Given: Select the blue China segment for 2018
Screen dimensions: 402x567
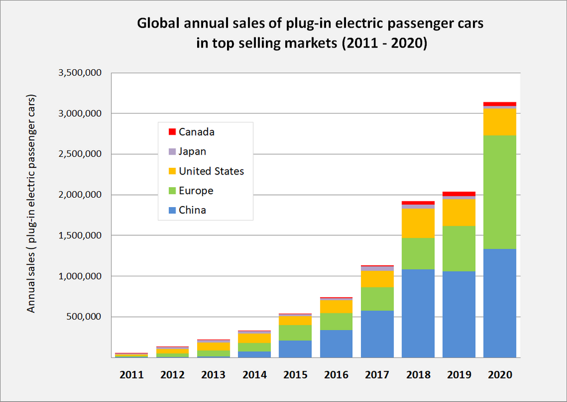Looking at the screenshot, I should click(x=418, y=313).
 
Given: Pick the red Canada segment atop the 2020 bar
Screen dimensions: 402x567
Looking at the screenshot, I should click(x=499, y=104).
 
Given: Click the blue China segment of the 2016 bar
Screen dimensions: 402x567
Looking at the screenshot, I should click(x=336, y=343).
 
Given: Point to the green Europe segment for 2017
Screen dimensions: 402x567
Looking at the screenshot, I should click(x=377, y=299).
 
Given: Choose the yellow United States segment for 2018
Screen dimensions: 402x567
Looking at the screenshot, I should click(x=418, y=223).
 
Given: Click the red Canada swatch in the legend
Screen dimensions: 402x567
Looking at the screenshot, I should click(x=172, y=132).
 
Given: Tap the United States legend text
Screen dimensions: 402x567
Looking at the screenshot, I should click(x=211, y=171).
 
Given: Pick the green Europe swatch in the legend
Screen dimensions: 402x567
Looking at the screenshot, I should click(x=172, y=191).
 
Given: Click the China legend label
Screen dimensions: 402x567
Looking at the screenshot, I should click(x=192, y=210).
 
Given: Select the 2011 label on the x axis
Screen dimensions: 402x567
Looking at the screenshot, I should click(x=132, y=375).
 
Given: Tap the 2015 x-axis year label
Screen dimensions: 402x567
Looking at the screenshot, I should click(x=296, y=375).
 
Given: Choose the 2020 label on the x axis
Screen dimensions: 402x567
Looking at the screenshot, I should click(x=499, y=375).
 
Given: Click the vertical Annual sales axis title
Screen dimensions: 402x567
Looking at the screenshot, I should click(x=32, y=204).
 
